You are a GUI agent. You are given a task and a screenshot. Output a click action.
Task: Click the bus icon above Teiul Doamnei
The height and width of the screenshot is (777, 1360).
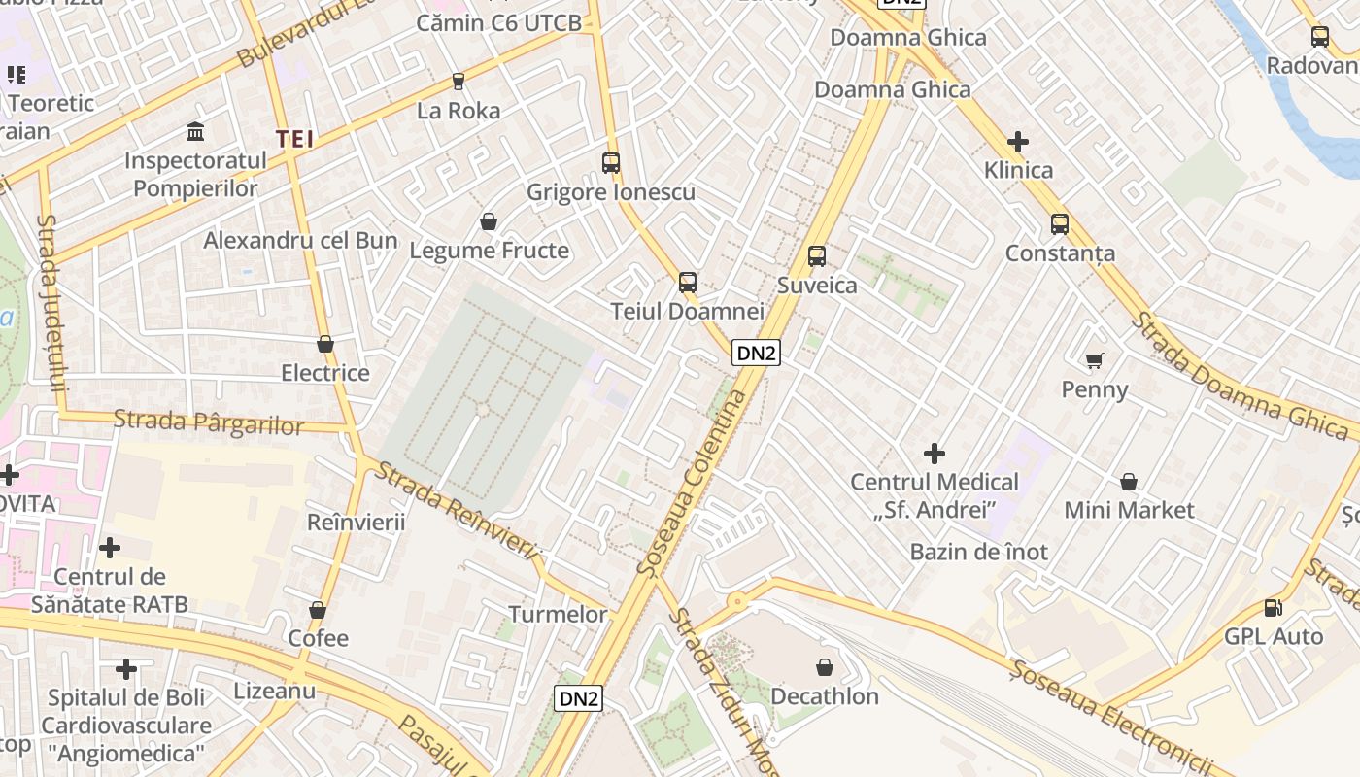click(x=688, y=283)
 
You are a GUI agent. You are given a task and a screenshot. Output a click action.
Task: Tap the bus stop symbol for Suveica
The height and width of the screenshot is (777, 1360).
click(x=817, y=256)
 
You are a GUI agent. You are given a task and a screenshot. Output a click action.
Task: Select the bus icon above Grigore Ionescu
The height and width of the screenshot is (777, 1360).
click(x=611, y=163)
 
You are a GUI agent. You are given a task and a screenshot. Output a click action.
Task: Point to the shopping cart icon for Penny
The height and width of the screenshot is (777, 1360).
click(x=1095, y=361)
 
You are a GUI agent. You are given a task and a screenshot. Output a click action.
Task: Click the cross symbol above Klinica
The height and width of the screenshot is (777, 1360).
click(x=1018, y=143)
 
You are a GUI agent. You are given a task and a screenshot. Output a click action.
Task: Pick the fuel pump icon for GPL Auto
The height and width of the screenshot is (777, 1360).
click(x=1273, y=609)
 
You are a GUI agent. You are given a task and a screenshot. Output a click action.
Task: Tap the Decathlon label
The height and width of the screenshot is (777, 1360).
click(x=825, y=696)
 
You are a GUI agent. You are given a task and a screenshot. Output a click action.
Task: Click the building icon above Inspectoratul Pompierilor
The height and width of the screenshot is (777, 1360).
click(x=195, y=131)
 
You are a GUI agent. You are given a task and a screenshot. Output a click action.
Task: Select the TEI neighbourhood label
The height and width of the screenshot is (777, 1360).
click(x=294, y=139)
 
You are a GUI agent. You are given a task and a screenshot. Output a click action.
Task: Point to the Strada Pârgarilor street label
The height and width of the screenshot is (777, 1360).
click(x=208, y=422)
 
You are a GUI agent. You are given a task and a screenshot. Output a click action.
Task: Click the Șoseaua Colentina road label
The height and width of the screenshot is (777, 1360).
click(x=694, y=483)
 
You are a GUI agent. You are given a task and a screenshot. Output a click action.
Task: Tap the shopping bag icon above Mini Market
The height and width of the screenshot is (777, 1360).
click(x=1129, y=482)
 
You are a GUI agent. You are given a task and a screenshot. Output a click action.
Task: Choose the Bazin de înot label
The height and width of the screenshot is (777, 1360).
click(x=979, y=553)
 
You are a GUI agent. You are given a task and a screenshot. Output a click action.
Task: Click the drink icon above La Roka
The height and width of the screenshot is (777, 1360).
click(x=459, y=82)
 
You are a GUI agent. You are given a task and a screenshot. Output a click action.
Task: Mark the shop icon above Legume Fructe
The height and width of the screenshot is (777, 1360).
click(x=489, y=222)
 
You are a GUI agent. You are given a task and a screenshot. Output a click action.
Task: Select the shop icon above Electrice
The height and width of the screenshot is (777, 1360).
click(x=325, y=345)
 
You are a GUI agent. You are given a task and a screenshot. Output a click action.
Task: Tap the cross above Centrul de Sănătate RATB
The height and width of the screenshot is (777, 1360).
click(x=110, y=549)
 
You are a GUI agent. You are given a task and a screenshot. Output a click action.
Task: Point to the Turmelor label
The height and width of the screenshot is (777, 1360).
click(x=559, y=615)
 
